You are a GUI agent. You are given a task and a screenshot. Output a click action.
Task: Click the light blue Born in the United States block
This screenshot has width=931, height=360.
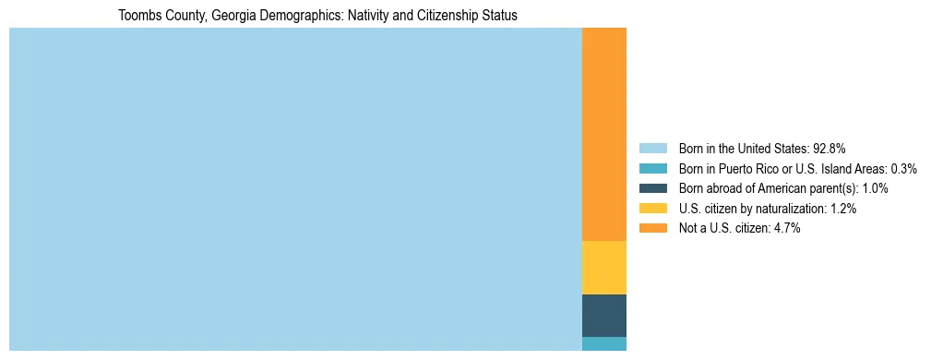point(295,189)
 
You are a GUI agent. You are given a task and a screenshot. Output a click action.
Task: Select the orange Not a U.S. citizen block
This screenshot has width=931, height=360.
point(604,134)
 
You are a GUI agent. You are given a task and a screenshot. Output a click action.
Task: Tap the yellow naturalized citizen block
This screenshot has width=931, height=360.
point(604,268)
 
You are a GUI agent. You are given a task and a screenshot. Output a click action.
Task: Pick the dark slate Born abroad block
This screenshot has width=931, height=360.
point(604,316)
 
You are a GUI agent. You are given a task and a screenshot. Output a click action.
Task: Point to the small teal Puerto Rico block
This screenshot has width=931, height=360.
point(604,344)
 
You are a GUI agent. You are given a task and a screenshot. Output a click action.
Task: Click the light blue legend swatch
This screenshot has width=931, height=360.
point(652,149)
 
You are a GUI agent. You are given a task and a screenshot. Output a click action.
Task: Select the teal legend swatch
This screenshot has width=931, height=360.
point(652,169)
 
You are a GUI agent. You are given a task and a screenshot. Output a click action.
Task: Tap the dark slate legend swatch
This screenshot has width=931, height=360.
point(652,188)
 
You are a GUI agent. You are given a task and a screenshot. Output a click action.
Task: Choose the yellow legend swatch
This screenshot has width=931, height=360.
point(652,209)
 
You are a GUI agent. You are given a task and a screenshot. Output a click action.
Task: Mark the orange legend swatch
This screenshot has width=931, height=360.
point(652,228)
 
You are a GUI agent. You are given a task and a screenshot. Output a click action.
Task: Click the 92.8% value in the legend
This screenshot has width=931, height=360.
point(830,149)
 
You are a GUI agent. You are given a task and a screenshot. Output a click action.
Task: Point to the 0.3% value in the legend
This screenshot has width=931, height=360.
point(903,169)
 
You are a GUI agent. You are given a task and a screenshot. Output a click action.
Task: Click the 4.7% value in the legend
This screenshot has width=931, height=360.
point(784,228)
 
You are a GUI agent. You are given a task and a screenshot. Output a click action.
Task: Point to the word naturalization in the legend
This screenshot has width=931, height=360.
point(786,209)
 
